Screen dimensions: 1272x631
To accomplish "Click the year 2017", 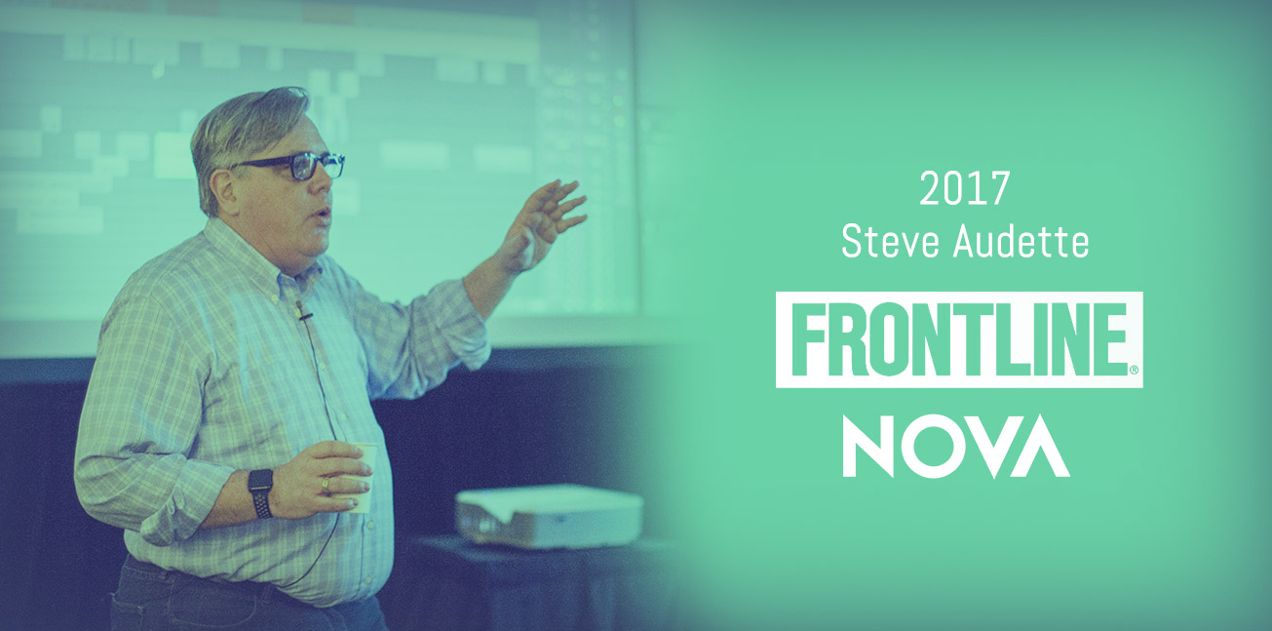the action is pos(964,189).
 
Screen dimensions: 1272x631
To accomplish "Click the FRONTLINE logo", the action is pos(959,339).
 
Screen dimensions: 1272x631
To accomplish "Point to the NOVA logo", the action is pos(956,446).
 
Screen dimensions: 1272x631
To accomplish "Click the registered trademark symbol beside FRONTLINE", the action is pos(1134,371).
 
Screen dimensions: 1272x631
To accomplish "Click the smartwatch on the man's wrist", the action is pos(260,493).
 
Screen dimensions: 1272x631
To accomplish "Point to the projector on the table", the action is pos(549,516).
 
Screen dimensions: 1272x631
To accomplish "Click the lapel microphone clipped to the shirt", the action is pos(303,310).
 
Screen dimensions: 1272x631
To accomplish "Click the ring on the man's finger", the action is pos(326,486).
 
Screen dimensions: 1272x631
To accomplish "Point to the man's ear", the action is pos(225,190).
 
